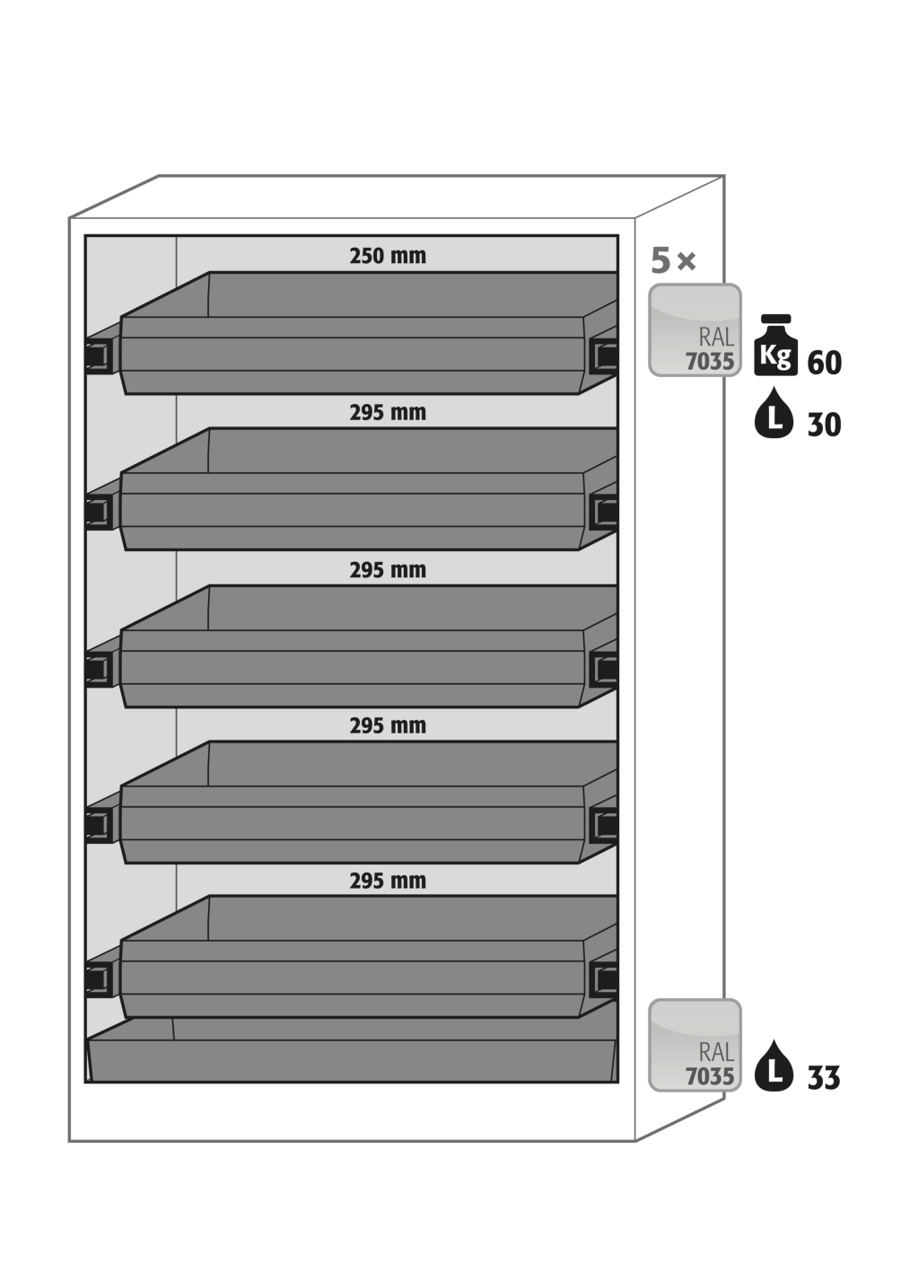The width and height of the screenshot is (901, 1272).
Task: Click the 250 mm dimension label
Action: (x=388, y=256)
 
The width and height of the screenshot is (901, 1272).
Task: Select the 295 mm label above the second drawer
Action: (x=388, y=413)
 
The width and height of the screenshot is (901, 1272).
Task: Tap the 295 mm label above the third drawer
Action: (x=388, y=570)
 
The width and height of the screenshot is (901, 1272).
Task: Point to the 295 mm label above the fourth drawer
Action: (x=388, y=725)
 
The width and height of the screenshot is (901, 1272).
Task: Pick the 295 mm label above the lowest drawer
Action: (x=388, y=881)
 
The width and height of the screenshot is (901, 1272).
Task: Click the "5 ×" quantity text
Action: (x=673, y=261)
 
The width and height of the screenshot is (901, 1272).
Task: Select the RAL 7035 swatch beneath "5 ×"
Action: (x=695, y=329)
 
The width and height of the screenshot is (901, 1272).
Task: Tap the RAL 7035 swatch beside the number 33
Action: (x=695, y=1045)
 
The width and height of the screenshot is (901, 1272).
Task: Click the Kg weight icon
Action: (x=775, y=346)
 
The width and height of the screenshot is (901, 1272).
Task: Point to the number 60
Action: (x=825, y=363)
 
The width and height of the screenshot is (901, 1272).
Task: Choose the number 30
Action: (x=825, y=425)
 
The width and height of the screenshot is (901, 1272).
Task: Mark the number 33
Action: (x=824, y=1077)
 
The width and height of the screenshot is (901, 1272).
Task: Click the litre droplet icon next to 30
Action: (x=774, y=415)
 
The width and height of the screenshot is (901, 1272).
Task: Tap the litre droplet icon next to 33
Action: (x=774, y=1066)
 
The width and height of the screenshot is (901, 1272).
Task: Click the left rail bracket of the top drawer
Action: (x=98, y=356)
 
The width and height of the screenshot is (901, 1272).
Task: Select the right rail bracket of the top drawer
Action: (x=604, y=356)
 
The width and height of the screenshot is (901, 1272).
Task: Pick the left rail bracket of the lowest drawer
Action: (x=98, y=979)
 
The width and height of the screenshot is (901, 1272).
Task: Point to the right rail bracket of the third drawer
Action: (x=604, y=669)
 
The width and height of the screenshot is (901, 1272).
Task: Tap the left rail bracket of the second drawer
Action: (x=98, y=513)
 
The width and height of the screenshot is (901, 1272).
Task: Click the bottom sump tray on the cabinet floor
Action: (x=352, y=1059)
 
